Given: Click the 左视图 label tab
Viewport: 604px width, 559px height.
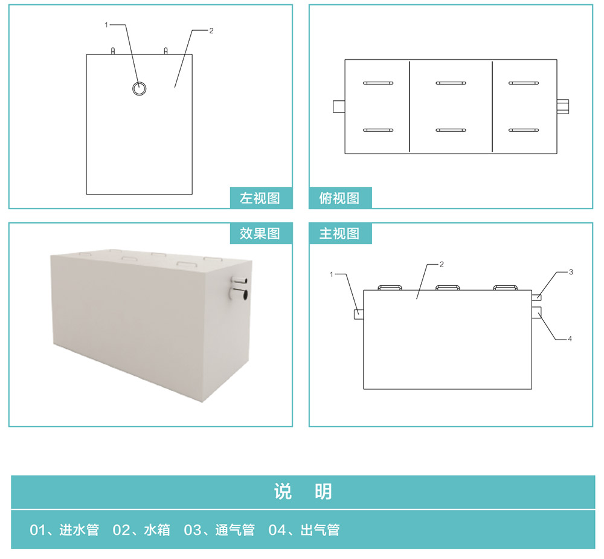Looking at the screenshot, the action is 261,198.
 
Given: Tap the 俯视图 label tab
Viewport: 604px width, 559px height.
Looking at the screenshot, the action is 340,198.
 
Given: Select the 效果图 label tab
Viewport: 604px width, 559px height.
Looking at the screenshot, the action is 261,233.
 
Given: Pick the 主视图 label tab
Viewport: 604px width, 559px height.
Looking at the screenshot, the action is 340,233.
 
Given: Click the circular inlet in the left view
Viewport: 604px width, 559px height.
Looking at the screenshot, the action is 139,83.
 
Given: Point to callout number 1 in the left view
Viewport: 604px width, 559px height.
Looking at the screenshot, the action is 106,25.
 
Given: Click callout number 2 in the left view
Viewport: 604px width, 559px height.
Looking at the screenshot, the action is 211,31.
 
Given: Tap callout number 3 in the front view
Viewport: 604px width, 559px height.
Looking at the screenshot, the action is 571,272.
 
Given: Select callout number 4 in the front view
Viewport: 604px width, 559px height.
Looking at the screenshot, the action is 570,339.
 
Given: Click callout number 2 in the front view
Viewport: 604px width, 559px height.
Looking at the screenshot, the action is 442,265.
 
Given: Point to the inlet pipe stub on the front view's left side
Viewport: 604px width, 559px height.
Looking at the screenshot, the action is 359,315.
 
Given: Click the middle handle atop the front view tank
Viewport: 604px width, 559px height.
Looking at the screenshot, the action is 447,288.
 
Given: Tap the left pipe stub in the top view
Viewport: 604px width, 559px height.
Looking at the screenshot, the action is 339,106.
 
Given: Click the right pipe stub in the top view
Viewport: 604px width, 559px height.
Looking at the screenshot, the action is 563,106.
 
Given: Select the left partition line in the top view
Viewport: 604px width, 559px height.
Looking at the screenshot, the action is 410,106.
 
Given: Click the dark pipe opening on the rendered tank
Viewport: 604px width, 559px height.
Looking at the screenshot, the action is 244,296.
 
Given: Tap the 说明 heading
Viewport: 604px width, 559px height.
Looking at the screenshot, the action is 303,492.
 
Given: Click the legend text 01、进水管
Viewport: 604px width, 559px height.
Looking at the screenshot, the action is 65,530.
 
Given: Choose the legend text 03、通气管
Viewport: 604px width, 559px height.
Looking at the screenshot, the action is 219,530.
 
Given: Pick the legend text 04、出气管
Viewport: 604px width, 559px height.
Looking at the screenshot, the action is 304,530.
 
